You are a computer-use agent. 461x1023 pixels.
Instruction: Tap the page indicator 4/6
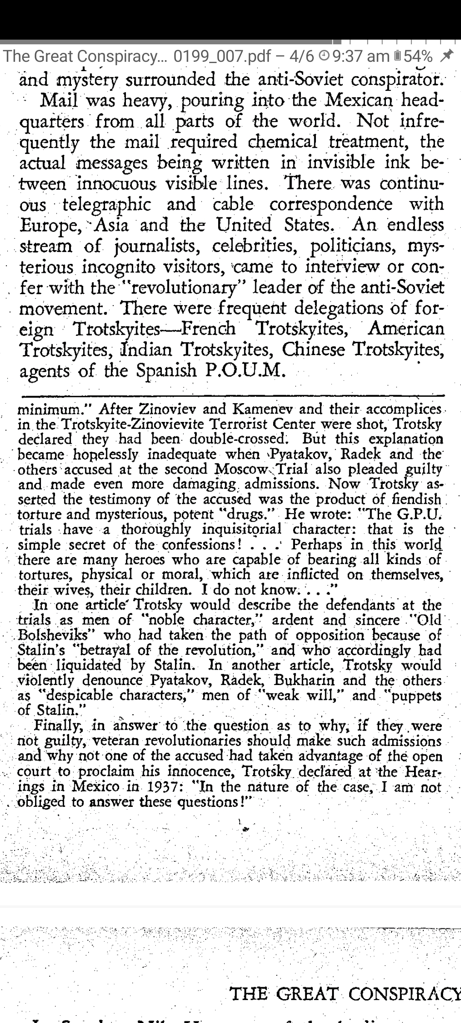(301, 56)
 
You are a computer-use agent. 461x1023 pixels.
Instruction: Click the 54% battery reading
(418, 56)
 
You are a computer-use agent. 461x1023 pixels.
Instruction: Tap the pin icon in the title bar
(447, 55)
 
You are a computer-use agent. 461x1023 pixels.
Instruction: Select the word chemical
(281, 142)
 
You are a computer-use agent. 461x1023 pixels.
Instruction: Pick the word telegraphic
(107, 205)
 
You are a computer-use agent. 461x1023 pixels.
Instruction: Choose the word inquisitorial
(242, 530)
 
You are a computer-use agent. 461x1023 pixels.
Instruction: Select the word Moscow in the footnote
(241, 469)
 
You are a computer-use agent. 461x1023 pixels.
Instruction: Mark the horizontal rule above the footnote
(230, 396)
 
